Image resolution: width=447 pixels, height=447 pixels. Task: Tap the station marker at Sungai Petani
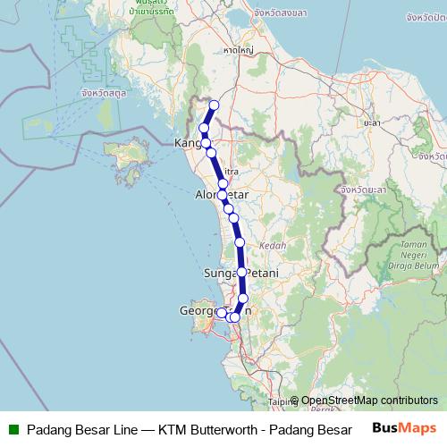[x=241, y=272]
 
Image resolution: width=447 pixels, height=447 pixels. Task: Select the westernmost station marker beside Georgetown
[x=222, y=312]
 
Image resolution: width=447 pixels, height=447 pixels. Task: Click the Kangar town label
[x=190, y=143]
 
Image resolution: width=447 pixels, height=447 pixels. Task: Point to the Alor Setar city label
[x=221, y=194]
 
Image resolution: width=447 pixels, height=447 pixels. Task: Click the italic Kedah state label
[x=272, y=245]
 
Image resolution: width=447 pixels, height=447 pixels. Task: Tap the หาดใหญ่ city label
[x=237, y=52]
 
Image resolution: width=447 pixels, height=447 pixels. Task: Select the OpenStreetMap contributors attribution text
[x=369, y=401]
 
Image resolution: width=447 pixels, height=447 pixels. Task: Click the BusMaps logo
[x=404, y=428]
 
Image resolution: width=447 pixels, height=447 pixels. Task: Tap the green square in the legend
[x=13, y=429]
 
